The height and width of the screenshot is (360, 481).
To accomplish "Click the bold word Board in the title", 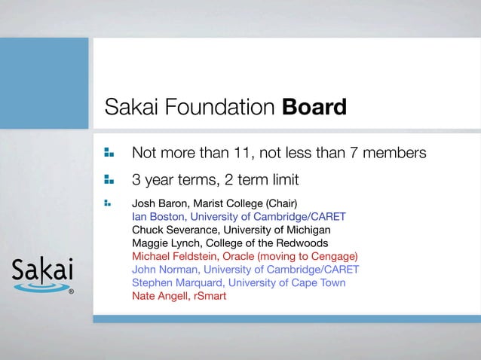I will [314, 108].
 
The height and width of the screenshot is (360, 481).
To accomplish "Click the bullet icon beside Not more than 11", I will [109, 153].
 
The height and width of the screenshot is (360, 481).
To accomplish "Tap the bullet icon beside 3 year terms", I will [109, 180].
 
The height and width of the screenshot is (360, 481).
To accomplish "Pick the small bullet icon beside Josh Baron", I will [108, 203].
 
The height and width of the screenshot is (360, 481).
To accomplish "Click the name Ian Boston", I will [158, 216].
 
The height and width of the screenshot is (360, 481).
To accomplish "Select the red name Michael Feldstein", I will [174, 256].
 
